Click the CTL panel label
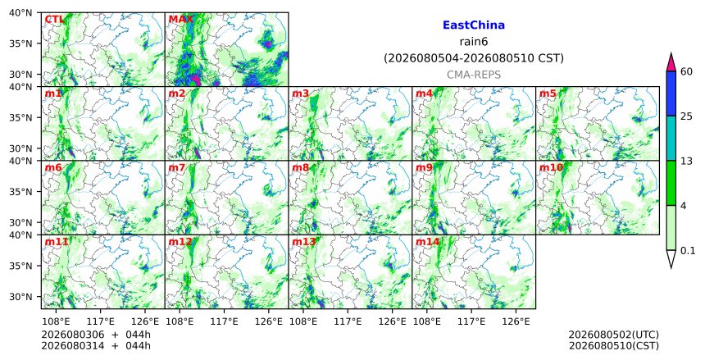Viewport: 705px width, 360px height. [x=54, y=20]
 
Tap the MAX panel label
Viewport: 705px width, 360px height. [x=180, y=20]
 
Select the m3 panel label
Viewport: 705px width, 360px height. [x=300, y=93]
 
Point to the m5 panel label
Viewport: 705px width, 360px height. [x=548, y=93]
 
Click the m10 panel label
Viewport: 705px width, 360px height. [x=551, y=168]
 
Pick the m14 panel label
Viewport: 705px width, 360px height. [x=427, y=242]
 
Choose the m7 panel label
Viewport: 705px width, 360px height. [x=177, y=168]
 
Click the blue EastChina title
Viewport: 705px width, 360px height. [x=474, y=25]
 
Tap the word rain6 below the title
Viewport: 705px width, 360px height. [x=474, y=42]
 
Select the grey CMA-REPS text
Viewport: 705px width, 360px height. [x=474, y=75]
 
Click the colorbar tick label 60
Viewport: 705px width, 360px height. [x=686, y=71]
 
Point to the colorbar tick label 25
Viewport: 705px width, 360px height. [x=686, y=116]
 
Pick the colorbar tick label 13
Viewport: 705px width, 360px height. [x=686, y=161]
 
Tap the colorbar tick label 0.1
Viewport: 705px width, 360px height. [x=688, y=251]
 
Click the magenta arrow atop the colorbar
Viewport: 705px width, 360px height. [x=671, y=62]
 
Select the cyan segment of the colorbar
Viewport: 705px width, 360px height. [x=671, y=138]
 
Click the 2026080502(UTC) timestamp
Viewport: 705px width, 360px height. [x=614, y=335]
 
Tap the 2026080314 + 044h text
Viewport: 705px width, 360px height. [x=96, y=346]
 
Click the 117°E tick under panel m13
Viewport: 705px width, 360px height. [x=348, y=321]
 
